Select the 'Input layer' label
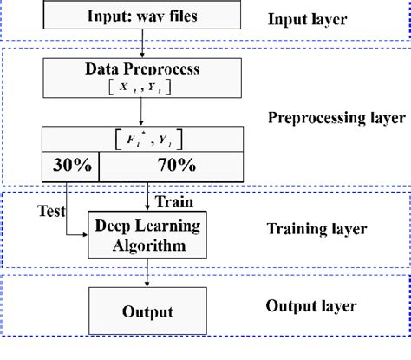pyautogui.click(x=309, y=20)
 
